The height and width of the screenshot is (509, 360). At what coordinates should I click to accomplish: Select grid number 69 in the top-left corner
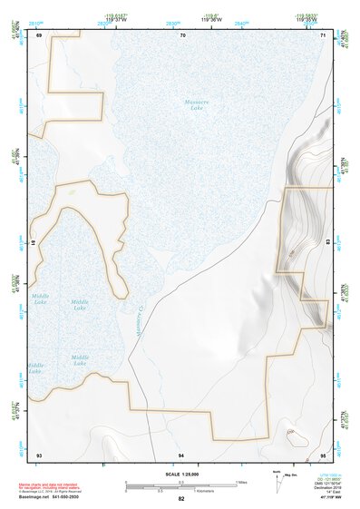(x=39, y=34)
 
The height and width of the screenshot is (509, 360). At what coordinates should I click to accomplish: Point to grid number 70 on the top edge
(x=182, y=34)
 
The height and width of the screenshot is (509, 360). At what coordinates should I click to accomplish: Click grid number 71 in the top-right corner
(x=324, y=34)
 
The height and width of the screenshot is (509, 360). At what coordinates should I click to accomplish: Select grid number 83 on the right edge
(x=326, y=243)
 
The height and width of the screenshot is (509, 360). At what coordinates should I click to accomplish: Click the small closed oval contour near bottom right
(x=292, y=433)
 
